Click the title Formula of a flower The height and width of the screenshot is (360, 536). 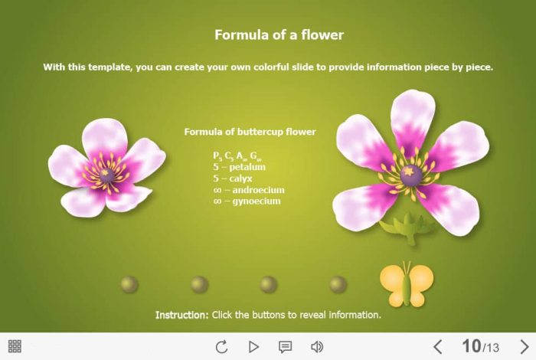coord(279,35)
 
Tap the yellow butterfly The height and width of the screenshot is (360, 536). coord(407,284)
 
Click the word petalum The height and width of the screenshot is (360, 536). coord(247,167)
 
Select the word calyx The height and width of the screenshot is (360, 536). coord(240,178)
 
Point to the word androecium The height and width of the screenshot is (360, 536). coord(259,190)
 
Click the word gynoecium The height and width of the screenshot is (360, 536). coord(257,201)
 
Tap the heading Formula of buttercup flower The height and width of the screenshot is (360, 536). coord(250,132)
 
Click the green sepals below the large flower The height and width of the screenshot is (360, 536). coord(408,227)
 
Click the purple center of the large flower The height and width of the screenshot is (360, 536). coord(411,175)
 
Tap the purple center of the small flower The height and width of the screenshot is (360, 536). coord(106,175)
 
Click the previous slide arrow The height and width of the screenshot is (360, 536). coord(438,347)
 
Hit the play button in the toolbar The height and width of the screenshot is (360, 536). coord(253,347)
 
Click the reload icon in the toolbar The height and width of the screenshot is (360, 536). coord(221,347)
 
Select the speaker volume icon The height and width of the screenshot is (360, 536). coord(317,347)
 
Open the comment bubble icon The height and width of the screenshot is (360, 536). coord(285,347)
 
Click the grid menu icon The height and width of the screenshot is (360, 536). coord(15,346)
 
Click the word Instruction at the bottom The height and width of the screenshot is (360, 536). coord(181,315)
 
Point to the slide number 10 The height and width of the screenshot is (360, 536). coord(472,346)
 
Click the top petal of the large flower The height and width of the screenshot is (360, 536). coord(413,118)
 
